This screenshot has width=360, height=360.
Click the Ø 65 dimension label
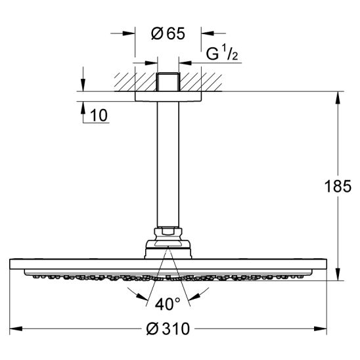click(x=168, y=34)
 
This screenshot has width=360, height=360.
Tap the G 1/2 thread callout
click(x=222, y=55)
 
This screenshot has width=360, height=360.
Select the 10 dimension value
click(x=99, y=115)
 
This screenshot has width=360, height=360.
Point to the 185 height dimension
click(x=338, y=186)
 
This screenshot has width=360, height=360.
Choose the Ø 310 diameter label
click(x=168, y=328)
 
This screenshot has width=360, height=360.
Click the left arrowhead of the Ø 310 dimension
click(x=16, y=328)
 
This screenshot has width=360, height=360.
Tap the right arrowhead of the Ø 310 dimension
click(x=321, y=328)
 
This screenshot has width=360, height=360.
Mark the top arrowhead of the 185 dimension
click(x=338, y=98)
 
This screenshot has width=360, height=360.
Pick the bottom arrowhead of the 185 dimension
click(x=338, y=274)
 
